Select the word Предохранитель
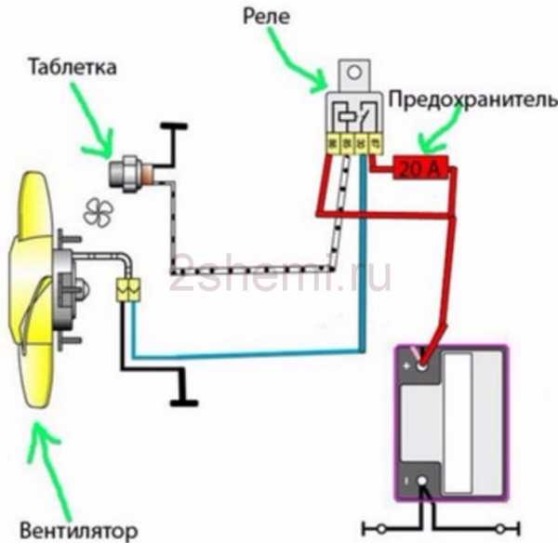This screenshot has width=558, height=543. [x=472, y=98]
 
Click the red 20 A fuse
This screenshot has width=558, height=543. [x=421, y=168]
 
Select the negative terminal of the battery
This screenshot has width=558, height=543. [x=423, y=482]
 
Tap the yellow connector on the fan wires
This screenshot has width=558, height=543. [x=128, y=291]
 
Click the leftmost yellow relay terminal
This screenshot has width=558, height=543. [x=328, y=144]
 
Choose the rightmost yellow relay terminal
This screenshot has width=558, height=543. [x=375, y=144]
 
